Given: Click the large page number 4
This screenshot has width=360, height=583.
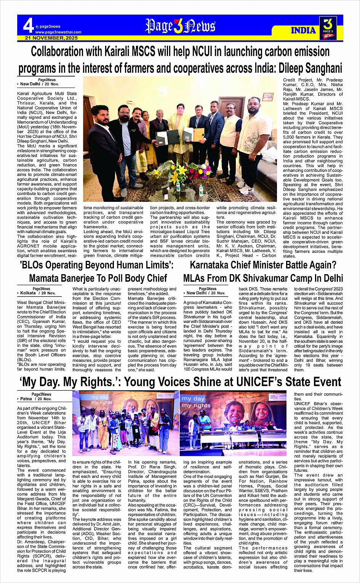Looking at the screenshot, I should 28,26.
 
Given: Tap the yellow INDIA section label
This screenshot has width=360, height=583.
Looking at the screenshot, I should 304,30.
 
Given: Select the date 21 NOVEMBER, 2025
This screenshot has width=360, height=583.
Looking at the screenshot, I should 51,38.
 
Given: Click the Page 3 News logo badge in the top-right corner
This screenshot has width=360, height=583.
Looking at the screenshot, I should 328,28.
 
